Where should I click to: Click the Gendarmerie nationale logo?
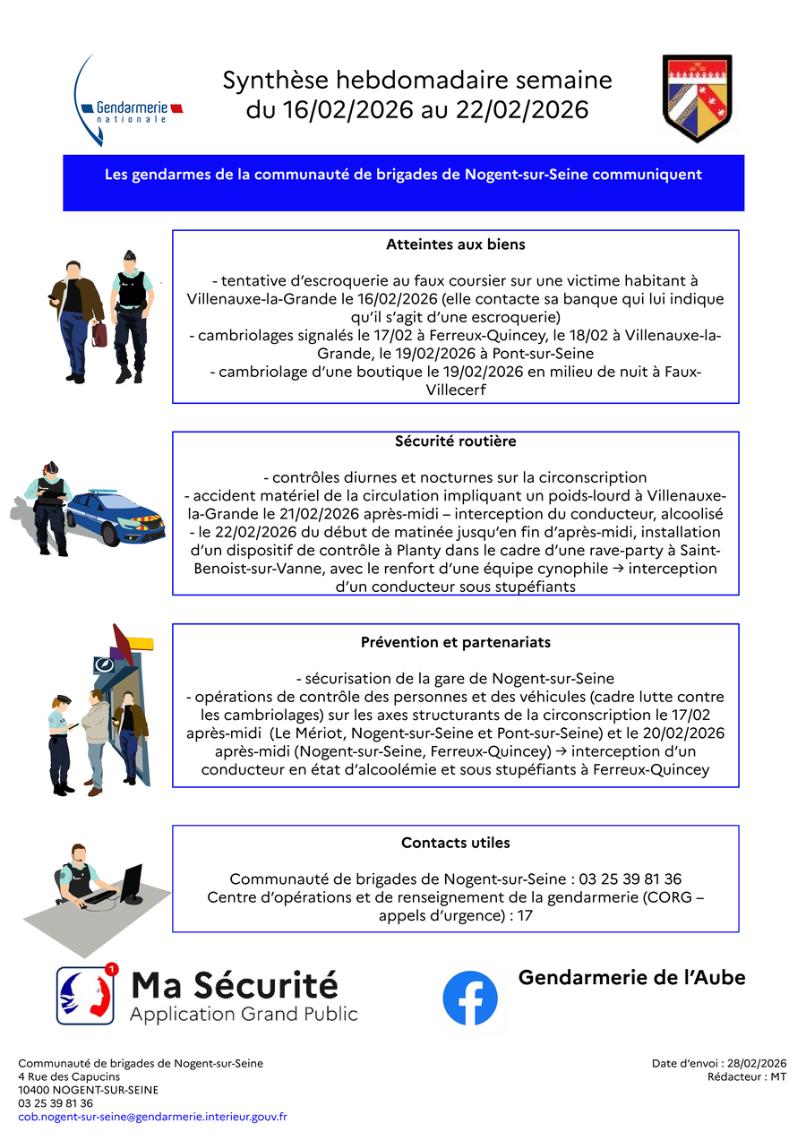point(130,103)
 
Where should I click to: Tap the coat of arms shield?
point(698,98)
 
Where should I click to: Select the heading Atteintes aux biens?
point(455,244)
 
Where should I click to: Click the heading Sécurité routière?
point(455,441)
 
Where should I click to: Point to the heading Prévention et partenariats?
point(455,643)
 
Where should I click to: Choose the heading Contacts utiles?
point(455,843)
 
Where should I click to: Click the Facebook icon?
point(470,999)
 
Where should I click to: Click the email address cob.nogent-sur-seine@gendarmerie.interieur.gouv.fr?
point(152,1117)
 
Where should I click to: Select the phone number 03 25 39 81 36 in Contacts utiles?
point(630,879)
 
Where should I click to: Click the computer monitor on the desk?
point(132,882)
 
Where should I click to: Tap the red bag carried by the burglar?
point(99,334)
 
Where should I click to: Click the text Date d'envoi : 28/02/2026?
point(719,1064)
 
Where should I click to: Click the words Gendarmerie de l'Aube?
point(631,978)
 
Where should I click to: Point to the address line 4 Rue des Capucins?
point(69,1077)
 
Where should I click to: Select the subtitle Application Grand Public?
point(244,1015)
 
